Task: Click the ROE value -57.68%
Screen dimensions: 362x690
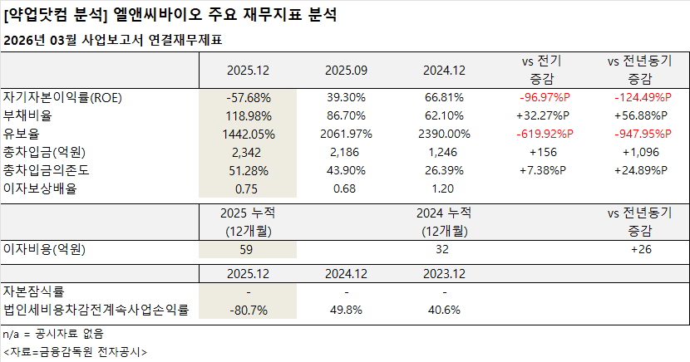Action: tap(249, 97)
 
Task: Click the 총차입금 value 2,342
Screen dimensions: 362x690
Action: tap(249, 152)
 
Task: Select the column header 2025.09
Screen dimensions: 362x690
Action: tap(347, 71)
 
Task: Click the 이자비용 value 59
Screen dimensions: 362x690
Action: tap(249, 248)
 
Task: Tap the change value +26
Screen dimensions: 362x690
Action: tap(639, 248)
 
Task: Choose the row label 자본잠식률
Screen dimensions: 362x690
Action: tap(34, 291)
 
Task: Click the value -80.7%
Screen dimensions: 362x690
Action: tap(249, 311)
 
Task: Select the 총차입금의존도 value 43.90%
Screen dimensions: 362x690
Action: tap(347, 170)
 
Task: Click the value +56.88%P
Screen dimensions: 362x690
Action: tap(639, 115)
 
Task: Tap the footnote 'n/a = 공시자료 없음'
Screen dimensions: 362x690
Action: tap(53, 334)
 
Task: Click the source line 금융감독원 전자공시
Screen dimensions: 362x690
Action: tap(75, 351)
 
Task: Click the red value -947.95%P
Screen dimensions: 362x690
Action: tap(639, 134)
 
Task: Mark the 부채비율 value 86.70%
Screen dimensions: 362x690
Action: tap(347, 115)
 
